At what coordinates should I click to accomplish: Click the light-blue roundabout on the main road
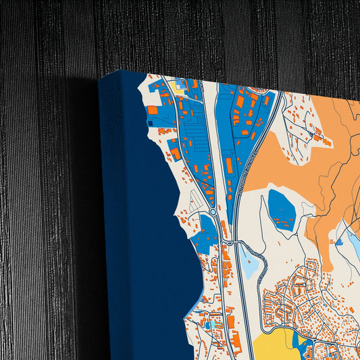pyautogui.click(x=213, y=211)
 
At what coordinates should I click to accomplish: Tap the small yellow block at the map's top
pyautogui.click(x=179, y=86)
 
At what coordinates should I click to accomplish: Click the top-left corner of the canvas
pyautogui.click(x=100, y=80)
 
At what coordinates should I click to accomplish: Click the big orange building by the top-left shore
pyautogui.click(x=153, y=109)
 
